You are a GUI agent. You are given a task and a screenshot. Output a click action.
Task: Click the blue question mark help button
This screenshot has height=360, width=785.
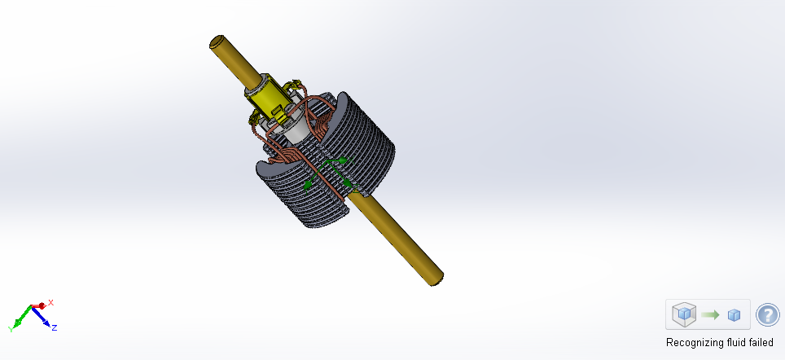(767, 314)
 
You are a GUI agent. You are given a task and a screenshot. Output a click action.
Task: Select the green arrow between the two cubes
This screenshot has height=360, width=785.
(710, 314)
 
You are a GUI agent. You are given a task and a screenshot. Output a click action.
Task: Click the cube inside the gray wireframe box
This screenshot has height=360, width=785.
(685, 314)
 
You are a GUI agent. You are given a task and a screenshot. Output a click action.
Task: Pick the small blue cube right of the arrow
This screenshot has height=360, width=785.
(734, 315)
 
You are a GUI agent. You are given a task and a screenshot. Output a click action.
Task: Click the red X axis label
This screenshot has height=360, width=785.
(50, 302)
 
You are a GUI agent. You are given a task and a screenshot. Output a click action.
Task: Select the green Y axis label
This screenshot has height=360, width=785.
(11, 328)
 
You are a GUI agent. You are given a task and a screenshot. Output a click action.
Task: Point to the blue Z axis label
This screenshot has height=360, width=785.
(54, 327)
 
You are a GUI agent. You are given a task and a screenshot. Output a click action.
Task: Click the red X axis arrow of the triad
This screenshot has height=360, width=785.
(39, 305)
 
